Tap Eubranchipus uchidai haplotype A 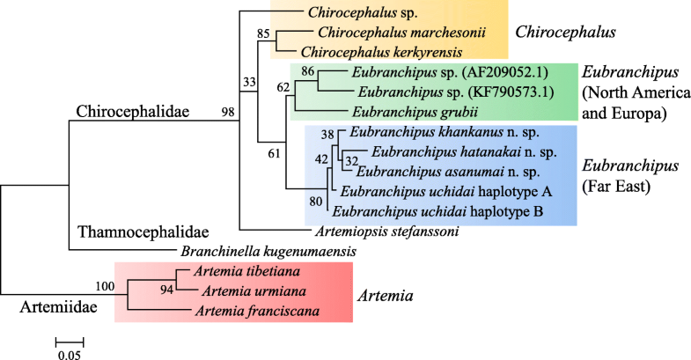tap(422, 191)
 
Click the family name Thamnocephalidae tap(131, 232)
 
